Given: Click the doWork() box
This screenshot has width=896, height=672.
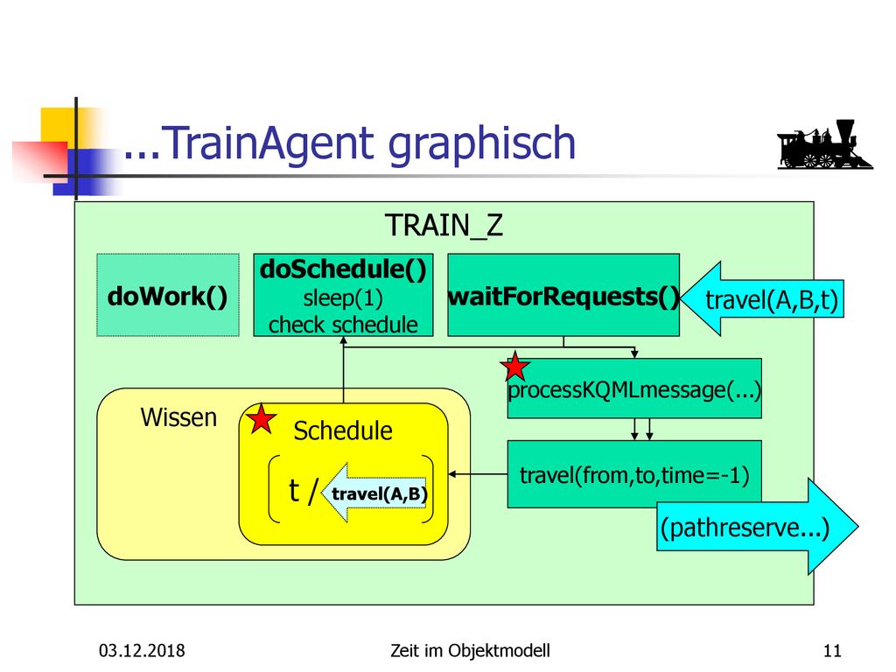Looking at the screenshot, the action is click(168, 295).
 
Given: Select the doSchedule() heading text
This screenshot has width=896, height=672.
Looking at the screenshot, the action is click(343, 269).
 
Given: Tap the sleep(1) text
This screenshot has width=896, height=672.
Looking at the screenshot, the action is click(343, 298).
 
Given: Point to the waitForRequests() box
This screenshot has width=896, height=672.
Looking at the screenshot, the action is click(563, 295).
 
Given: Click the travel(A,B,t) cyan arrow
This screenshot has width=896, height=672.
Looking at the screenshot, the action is click(762, 298).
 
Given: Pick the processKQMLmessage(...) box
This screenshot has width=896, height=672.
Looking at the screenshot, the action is click(634, 388).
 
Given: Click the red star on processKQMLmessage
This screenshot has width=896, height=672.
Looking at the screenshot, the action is click(514, 367).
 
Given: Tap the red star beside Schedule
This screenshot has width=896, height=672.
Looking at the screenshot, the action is click(262, 419).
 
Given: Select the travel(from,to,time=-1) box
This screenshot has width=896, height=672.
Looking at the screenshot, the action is click(634, 474).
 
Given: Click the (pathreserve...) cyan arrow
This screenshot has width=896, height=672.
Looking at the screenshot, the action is click(757, 526).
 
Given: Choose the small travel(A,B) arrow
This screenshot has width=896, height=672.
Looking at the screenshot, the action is click(374, 493).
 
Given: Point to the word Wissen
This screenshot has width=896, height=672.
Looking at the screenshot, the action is click(178, 417).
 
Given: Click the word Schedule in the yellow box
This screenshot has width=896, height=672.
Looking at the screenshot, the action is click(343, 430).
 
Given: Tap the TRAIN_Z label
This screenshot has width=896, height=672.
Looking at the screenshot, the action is click(444, 225).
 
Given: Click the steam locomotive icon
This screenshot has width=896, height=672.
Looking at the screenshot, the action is click(825, 144).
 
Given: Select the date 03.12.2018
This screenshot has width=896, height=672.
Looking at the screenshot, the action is click(142, 650).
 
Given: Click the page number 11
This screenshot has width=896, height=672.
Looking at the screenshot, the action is click(832, 650).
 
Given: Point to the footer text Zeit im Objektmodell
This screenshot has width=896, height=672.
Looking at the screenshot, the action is click(470, 651).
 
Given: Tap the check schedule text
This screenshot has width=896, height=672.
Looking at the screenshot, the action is click(343, 325).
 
